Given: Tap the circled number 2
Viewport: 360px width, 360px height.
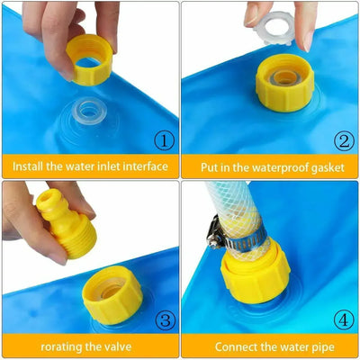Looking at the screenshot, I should (343, 141).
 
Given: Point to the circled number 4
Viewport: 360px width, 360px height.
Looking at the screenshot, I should (343, 319).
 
